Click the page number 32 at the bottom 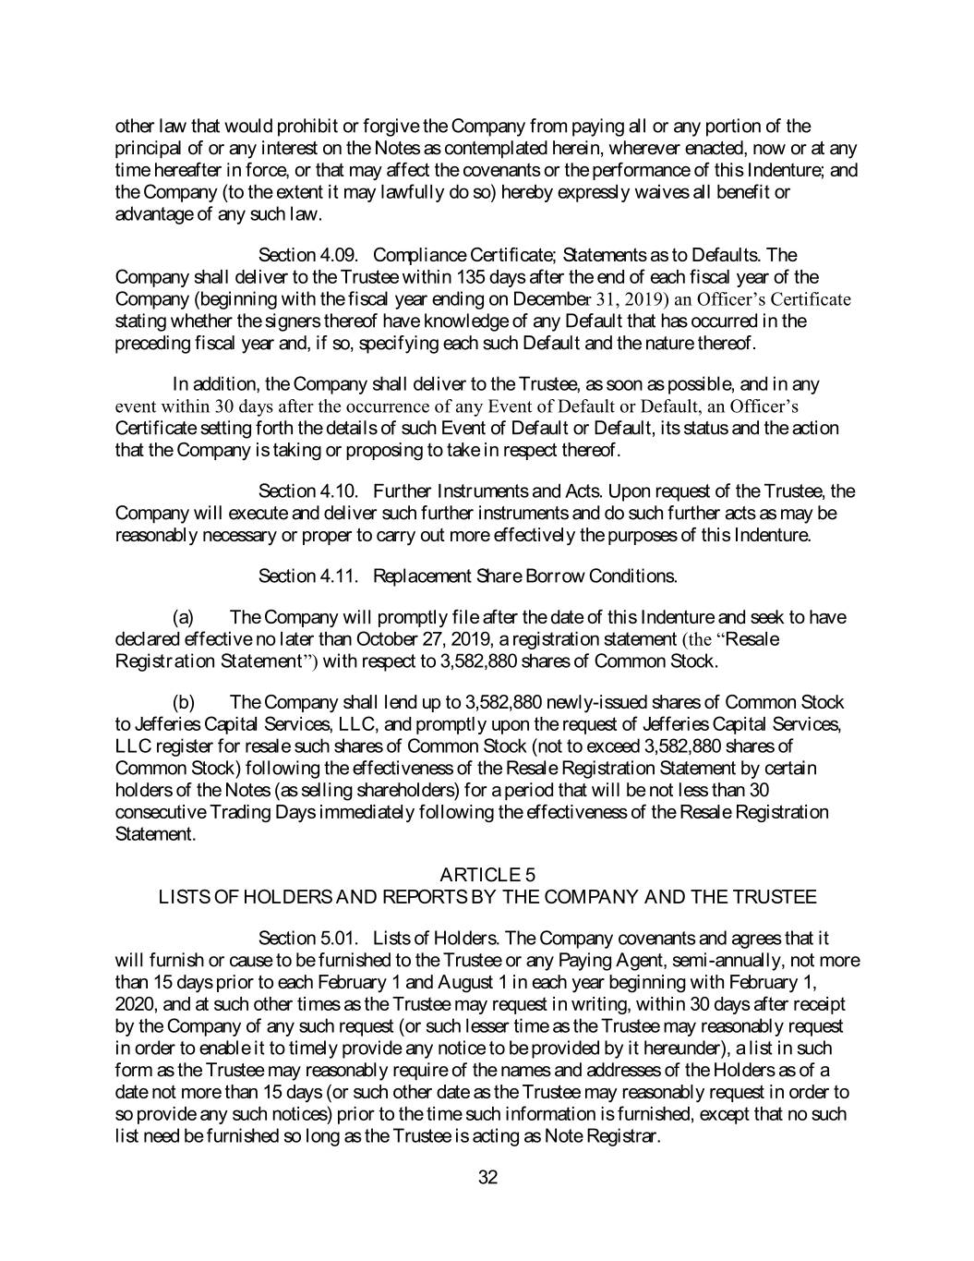tap(488, 1177)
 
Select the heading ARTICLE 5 tap(487, 874)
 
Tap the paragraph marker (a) tap(184, 617)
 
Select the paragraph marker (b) tap(184, 702)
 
